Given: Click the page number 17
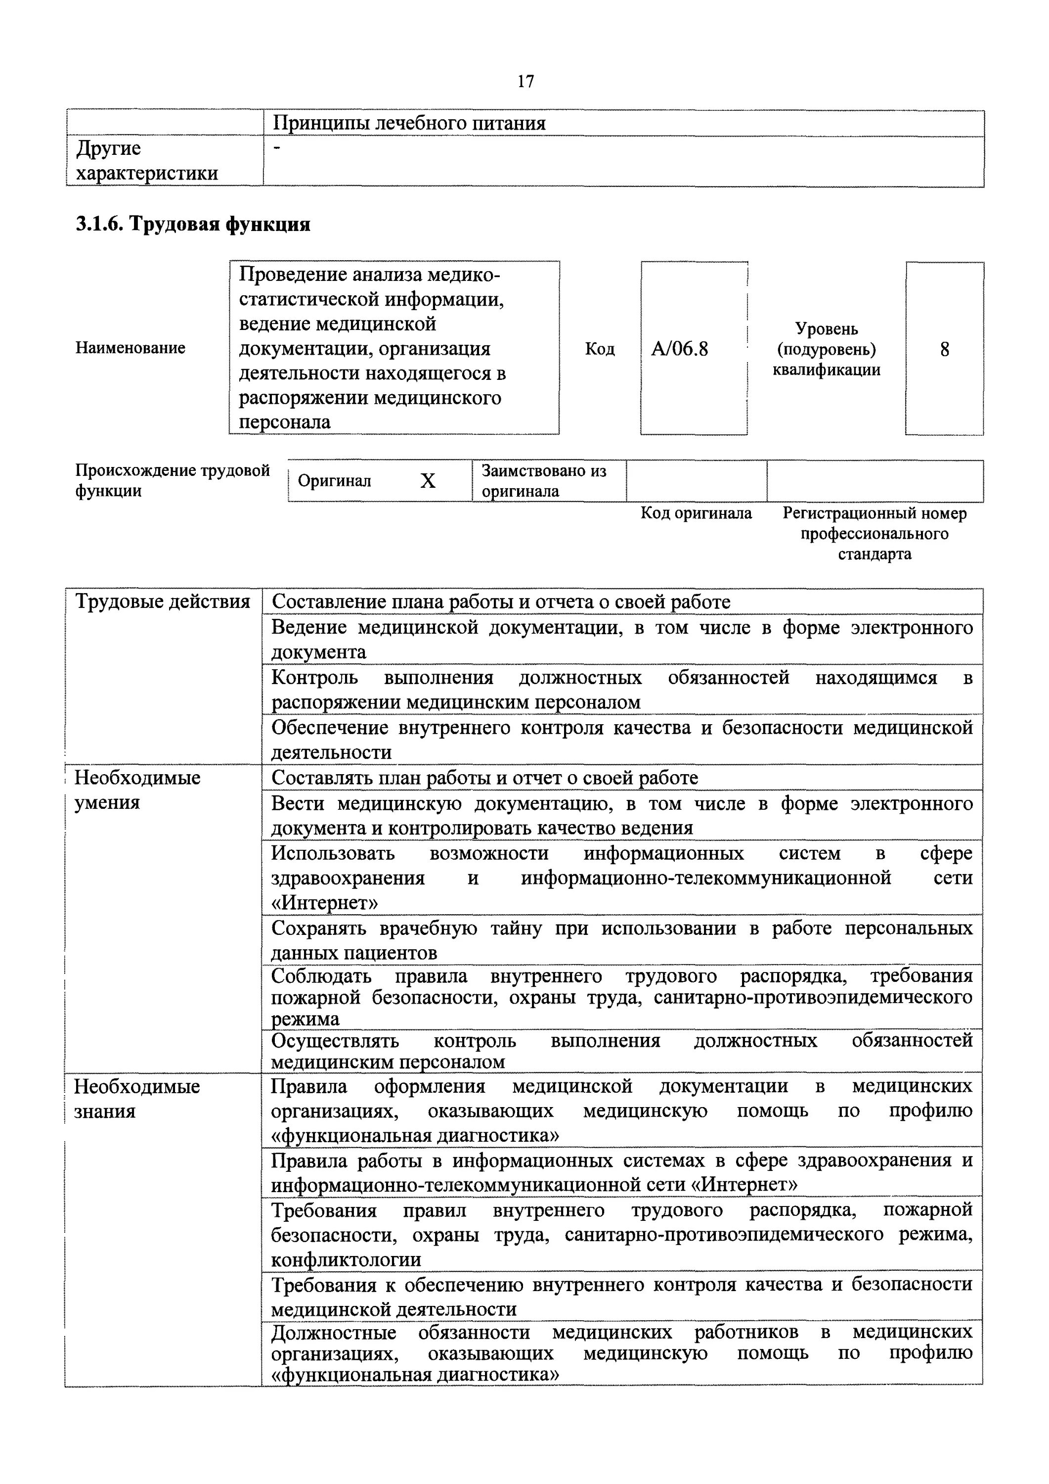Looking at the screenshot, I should pos(525,82).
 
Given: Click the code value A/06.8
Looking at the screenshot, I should pos(680,350).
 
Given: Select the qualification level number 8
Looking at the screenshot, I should pos(944,350).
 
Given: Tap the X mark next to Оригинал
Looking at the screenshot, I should pos(428,481).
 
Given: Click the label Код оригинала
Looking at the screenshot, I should pos(696,513).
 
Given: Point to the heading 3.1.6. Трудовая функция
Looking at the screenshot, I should pos(193,224).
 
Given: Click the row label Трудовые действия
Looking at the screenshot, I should pos(163,602).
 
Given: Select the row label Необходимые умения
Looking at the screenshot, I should pos(137,790).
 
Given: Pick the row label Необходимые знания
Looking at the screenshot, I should pos(136,1099).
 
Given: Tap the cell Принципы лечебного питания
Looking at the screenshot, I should pos(408,123).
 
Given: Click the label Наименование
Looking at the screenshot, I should pos(130,348).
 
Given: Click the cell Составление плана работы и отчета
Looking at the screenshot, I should pos(501,602).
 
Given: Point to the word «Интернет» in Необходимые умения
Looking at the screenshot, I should pos(324,902).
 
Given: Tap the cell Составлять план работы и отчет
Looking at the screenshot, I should pos(484,778).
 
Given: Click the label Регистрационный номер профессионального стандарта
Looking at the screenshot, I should pos(874,533).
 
